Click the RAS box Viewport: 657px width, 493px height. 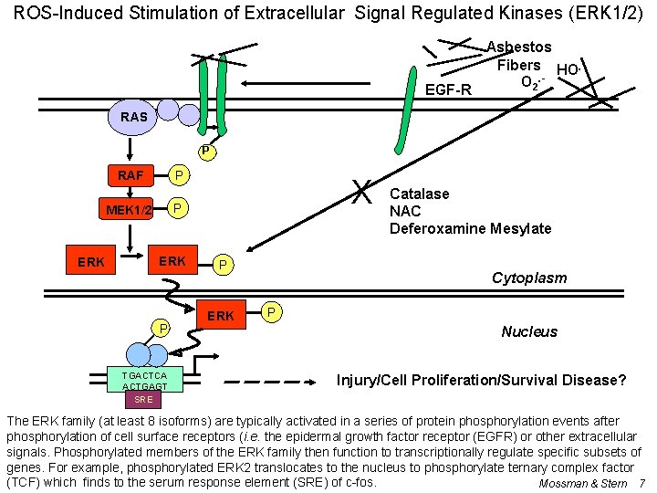tap(133, 117)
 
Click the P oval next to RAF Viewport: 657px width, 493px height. tap(180, 175)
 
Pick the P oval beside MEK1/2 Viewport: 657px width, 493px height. tap(180, 210)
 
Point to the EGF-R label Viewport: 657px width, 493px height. tap(449, 89)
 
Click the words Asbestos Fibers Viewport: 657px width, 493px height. tap(518, 56)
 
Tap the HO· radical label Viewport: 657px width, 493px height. tap(568, 70)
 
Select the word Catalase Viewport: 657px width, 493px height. tap(420, 194)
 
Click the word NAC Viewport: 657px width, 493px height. tap(405, 211)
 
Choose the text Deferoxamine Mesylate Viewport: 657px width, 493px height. tap(470, 228)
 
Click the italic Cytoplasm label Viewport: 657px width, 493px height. tap(529, 278)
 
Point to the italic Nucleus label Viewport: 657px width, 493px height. tap(529, 331)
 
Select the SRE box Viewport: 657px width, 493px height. tap(143, 399)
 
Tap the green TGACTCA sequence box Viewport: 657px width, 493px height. tap(144, 381)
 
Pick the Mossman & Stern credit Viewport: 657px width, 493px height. tap(583, 483)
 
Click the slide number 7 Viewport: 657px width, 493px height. tap(642, 483)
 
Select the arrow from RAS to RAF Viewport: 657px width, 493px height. tap(133, 146)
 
